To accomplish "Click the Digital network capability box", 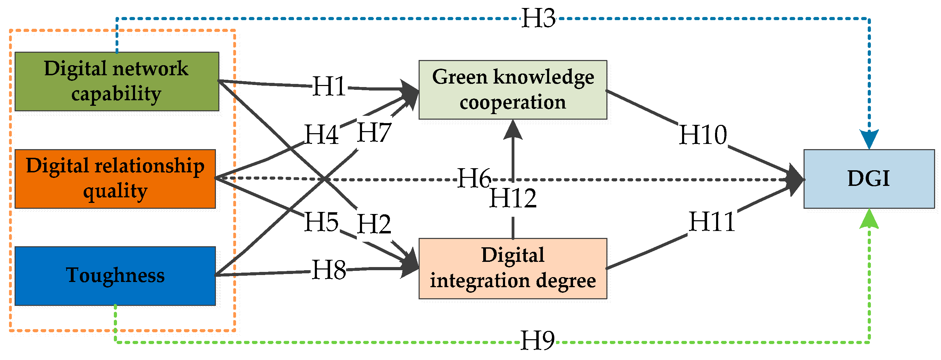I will [x=117, y=81].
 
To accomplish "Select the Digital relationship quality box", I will [x=115, y=179].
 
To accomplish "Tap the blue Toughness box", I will [x=115, y=276].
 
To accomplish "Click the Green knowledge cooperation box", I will [x=513, y=89].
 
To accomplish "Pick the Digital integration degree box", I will [x=513, y=268].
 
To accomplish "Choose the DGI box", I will [x=869, y=179].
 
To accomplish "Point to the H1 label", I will [x=329, y=86].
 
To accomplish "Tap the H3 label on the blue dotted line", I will [x=538, y=18].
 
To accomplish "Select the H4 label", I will [x=321, y=134].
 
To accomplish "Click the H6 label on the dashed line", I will [x=474, y=178].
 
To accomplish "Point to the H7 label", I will [x=374, y=132].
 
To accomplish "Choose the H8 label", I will [x=329, y=270].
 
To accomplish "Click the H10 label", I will [x=703, y=135].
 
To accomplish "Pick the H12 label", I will [x=513, y=198].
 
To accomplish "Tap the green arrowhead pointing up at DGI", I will [x=869, y=219].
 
